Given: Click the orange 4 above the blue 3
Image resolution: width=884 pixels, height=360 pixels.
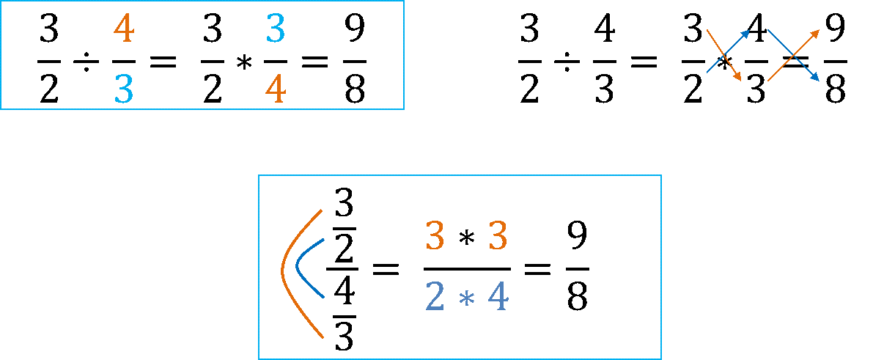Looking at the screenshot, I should point(124,29).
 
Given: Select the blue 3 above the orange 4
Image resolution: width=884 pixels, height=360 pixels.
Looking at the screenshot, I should point(275,29).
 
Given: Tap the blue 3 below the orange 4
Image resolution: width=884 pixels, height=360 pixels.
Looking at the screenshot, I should point(124,89).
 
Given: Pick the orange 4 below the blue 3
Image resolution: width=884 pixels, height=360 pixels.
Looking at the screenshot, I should point(275,90).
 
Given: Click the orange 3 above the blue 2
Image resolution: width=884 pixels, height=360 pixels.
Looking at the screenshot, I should point(435,237).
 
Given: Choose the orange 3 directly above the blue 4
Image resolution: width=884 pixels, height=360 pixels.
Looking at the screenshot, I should point(498,237).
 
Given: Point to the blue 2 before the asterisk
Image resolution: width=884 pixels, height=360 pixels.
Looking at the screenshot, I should point(435,297).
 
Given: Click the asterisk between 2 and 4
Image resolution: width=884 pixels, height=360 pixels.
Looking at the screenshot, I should point(466,299).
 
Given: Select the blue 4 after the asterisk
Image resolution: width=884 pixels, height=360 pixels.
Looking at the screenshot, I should point(498,297).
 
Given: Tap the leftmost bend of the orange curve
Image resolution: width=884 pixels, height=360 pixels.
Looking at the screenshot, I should point(282,272).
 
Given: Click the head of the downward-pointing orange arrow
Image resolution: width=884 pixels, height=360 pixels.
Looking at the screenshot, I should point(740,78).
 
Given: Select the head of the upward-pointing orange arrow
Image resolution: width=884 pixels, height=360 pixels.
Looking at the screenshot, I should point(817,32).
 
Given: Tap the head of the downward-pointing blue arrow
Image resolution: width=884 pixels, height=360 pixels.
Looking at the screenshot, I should point(817,78).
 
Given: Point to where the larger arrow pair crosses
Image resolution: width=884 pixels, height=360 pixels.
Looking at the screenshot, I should point(793,55).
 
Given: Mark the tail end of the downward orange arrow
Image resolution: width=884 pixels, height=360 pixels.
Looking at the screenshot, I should point(707,30).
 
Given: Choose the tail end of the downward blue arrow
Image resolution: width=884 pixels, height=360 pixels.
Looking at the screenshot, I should point(768,30).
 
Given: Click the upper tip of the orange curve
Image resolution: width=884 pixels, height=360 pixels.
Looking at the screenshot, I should point(322,210).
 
